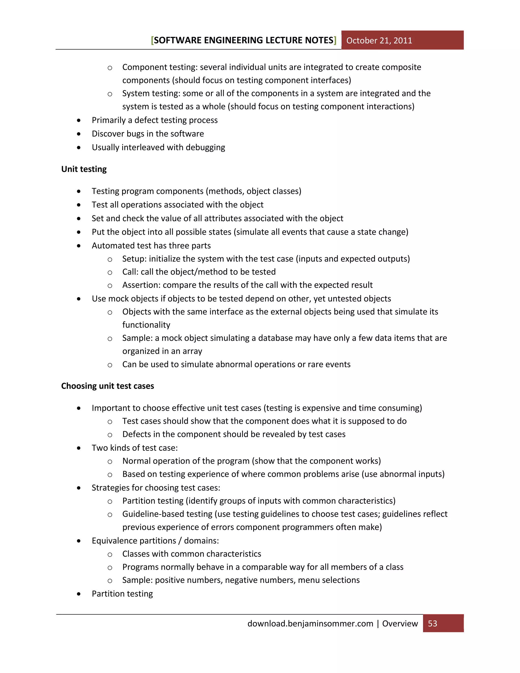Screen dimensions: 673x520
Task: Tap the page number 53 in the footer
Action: (x=432, y=623)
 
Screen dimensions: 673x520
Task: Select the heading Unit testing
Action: (x=84, y=169)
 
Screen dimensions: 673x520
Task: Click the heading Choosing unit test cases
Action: (x=107, y=386)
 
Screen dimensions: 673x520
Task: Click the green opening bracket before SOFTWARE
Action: (x=152, y=40)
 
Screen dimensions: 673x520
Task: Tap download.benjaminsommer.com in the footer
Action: (x=310, y=623)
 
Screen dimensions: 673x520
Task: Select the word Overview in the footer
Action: (x=400, y=623)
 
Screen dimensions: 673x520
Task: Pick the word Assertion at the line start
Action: (x=140, y=285)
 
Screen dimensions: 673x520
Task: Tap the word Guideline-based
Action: (x=167, y=514)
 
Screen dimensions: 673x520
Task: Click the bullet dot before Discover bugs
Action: (x=79, y=134)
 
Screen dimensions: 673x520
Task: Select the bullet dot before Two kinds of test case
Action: (x=79, y=448)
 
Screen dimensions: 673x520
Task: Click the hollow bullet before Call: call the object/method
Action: (x=110, y=273)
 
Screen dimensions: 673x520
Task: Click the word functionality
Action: (x=146, y=325)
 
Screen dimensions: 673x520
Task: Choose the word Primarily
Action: (x=108, y=120)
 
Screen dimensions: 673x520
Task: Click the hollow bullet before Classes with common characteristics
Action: (x=110, y=555)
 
